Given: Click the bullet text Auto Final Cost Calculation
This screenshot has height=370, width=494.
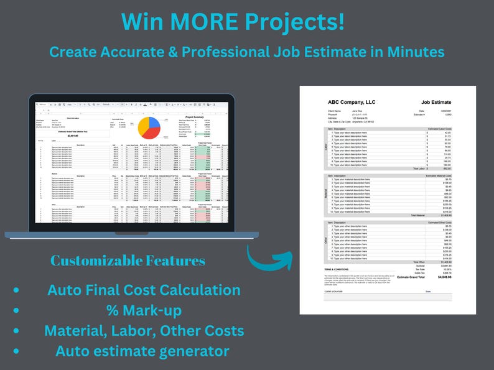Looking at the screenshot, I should tap(144, 290).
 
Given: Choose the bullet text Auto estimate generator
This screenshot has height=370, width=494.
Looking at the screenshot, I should tap(142, 351).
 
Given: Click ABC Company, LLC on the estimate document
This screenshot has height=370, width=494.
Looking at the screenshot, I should tap(352, 102).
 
